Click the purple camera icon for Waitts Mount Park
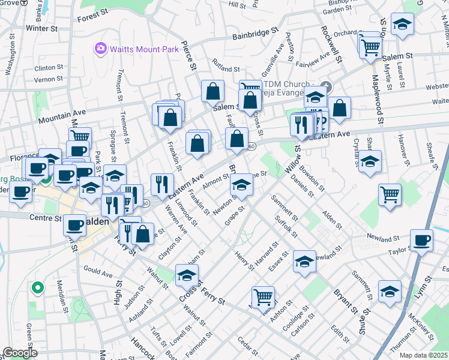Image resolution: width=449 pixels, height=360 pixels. [100, 47]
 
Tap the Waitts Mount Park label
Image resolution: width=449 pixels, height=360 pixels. [143, 48]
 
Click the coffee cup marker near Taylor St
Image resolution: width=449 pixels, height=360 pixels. [421, 239]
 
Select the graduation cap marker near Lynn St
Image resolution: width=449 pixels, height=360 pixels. [390, 290]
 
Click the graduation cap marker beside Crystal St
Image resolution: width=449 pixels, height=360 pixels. [370, 161]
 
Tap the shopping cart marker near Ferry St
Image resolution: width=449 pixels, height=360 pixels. [263, 296]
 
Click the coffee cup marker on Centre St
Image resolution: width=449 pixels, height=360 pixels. [75, 225]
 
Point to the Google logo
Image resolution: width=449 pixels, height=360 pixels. [20, 353]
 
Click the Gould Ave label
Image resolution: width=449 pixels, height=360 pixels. [98, 274]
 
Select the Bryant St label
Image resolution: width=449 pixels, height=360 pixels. [343, 301]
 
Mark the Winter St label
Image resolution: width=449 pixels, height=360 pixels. [41, 28]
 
